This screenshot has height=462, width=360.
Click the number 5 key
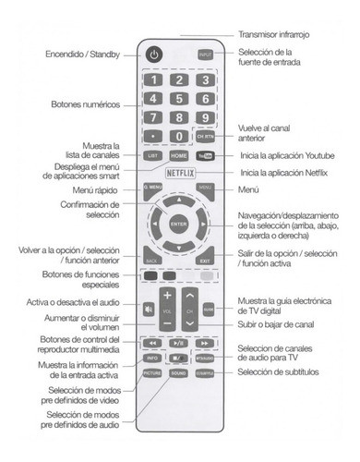coord(180,99)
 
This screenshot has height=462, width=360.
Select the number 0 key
coord(180,136)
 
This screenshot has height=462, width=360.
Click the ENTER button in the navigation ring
coord(179,224)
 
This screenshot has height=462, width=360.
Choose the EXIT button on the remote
coord(206,261)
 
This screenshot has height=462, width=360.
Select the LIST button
coord(152,156)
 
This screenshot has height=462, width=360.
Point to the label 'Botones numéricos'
coord(86,104)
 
